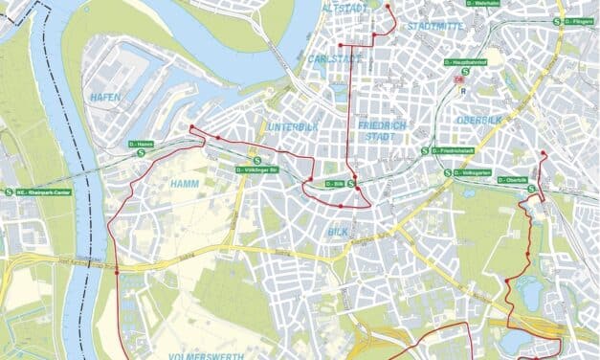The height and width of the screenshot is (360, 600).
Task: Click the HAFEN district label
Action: pyautogui.click(x=106, y=98)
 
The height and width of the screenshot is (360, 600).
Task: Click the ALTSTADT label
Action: pyautogui.click(x=345, y=8)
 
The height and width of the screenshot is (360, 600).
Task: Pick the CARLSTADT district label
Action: pyautogui.click(x=334, y=58)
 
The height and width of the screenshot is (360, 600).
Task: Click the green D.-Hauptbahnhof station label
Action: pyautogui.click(x=475, y=64)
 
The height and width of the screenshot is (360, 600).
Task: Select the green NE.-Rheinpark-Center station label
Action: pyautogui.click(x=44, y=191)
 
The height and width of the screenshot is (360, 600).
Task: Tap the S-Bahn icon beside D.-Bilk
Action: pyautogui.click(x=351, y=183)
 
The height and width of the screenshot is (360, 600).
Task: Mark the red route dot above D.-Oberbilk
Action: pyautogui.click(x=543, y=153)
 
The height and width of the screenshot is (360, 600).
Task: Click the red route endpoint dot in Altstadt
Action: pyautogui.click(x=389, y=8)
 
